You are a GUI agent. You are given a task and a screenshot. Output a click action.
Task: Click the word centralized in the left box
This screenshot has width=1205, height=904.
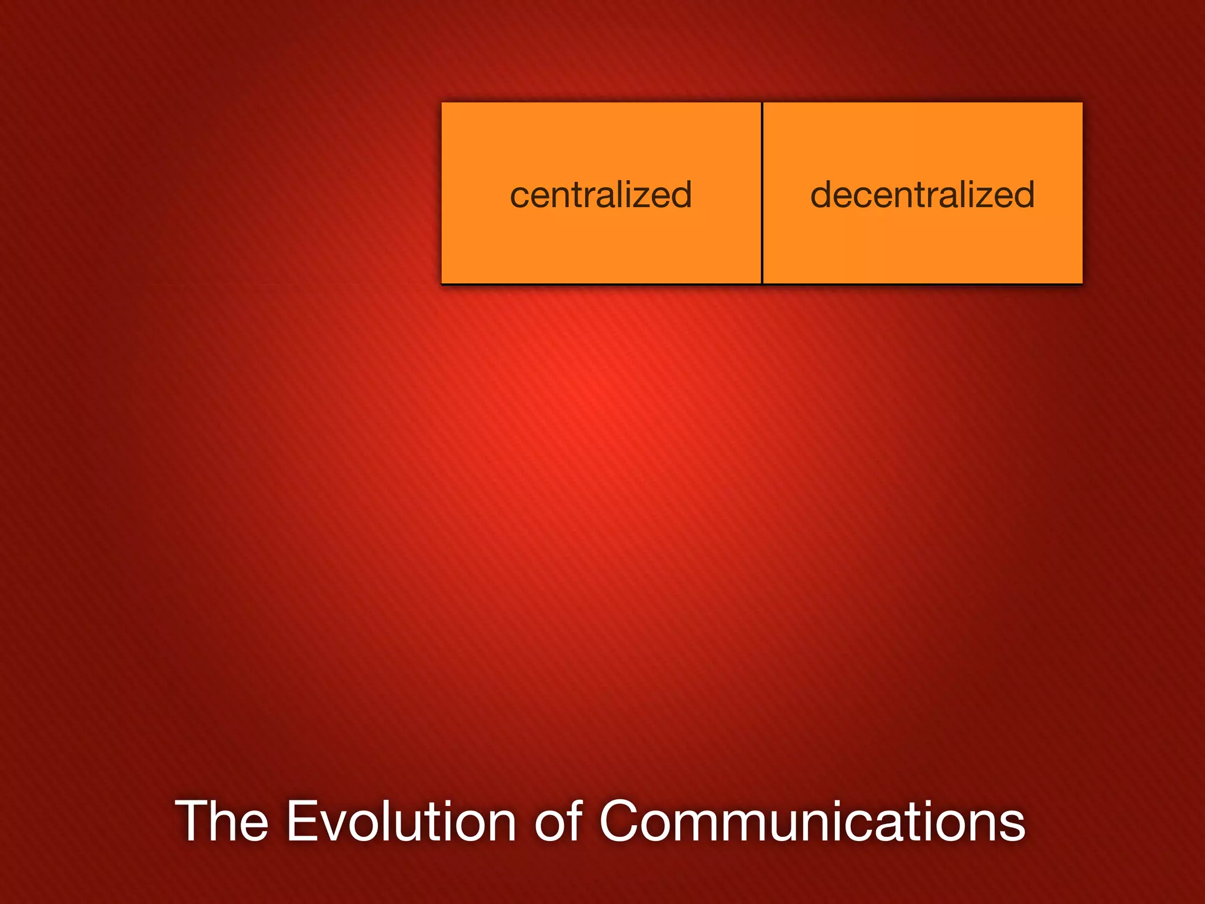(601, 195)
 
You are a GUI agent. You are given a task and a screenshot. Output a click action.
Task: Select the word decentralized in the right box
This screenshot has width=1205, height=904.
(922, 195)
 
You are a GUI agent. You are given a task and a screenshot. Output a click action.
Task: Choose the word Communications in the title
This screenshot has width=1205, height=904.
(812, 822)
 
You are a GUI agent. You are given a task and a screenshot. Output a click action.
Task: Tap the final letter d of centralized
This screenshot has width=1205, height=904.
(680, 195)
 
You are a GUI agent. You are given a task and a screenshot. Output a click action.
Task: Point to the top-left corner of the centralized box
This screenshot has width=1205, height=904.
(442, 104)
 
